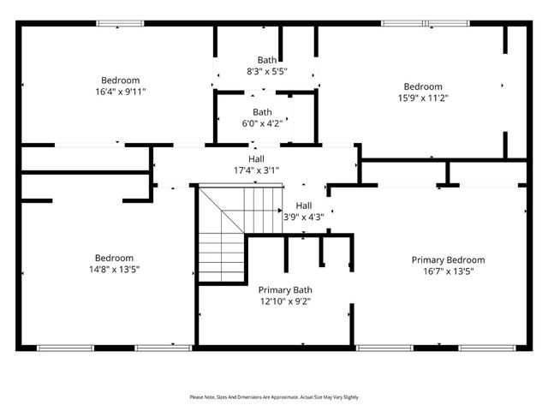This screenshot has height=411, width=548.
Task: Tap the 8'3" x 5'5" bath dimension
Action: [266, 71]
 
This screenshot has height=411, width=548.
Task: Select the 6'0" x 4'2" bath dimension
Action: [262, 123]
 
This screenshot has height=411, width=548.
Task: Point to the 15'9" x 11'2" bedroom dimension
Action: [423, 98]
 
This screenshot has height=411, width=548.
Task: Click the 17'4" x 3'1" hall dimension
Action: [256, 170]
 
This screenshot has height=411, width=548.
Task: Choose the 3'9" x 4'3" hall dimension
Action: [304, 217]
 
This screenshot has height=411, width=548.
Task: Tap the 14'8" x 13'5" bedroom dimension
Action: [114, 269]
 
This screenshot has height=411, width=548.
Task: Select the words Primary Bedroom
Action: [448, 259]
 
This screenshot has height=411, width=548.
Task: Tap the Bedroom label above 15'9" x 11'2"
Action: [423, 86]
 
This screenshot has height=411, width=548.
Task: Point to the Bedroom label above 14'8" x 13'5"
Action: [114, 258]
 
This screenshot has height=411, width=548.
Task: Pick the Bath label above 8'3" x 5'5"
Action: [267, 60]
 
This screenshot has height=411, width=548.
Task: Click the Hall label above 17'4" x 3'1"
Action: [256, 159]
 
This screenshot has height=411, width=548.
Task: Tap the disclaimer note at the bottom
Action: [274, 397]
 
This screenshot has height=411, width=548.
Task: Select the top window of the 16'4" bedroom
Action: [119, 23]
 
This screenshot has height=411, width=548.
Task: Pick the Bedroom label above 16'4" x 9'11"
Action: [120, 80]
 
